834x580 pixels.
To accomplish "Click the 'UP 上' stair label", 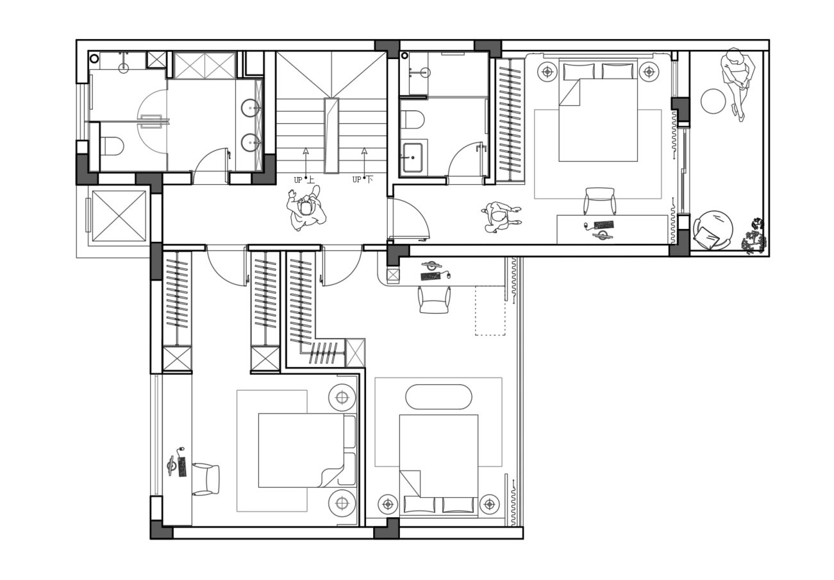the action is [x=304, y=180].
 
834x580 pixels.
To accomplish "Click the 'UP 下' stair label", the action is [x=363, y=180].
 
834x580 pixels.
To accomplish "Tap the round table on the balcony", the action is [x=713, y=101].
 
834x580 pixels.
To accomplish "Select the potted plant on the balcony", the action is [x=754, y=237].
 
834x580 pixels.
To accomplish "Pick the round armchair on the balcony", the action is [x=712, y=230].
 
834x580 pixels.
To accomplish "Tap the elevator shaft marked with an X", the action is [x=119, y=216].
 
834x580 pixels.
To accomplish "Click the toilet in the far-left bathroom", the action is [x=112, y=146].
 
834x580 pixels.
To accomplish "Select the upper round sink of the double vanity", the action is [x=251, y=108].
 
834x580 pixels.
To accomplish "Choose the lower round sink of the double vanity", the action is [x=251, y=143].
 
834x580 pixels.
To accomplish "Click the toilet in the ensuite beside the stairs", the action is [x=413, y=119].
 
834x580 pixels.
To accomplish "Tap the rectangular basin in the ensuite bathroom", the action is [x=413, y=158].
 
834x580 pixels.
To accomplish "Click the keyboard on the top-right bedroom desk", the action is [x=604, y=225].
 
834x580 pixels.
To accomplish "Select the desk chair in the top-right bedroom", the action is [x=599, y=201].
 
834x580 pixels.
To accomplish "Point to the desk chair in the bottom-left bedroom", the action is [x=206, y=479].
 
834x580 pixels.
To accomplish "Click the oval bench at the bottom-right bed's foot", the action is [x=438, y=397].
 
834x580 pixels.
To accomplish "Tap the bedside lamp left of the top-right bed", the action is [x=547, y=72].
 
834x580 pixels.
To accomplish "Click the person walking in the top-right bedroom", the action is [x=501, y=217].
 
